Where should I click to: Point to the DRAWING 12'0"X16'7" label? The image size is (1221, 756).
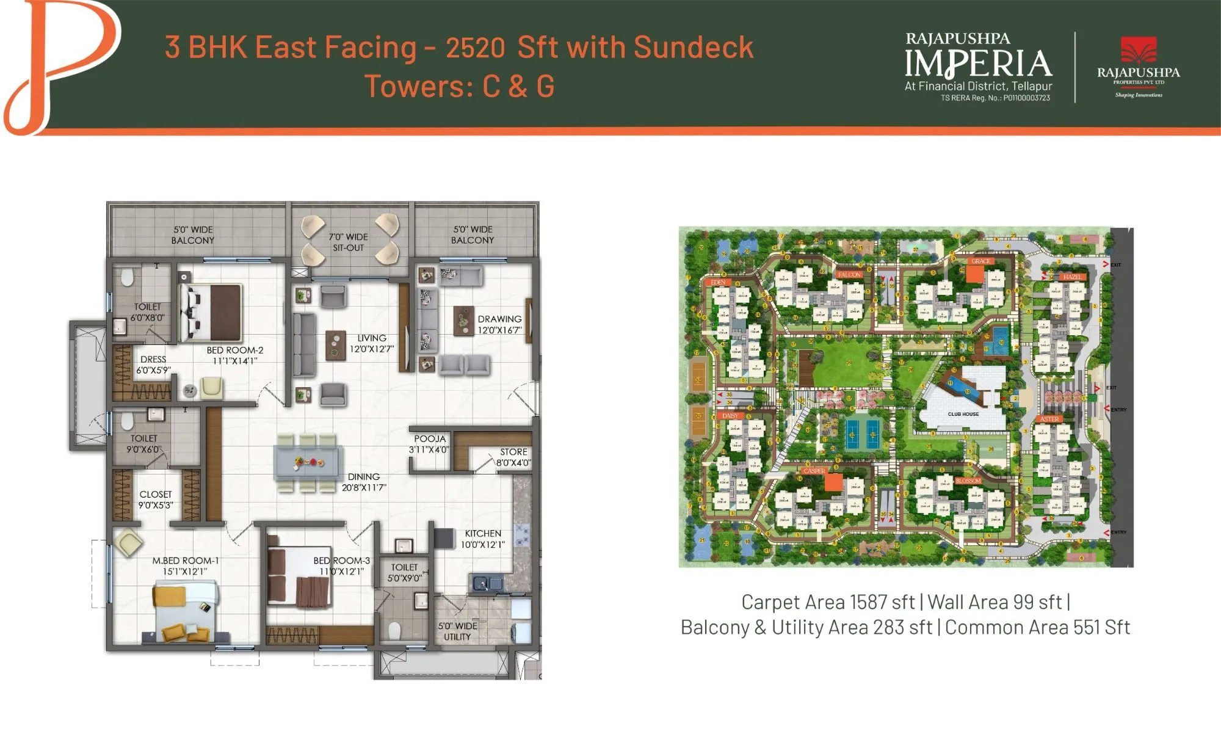tap(499, 324)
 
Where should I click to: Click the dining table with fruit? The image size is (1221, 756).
tap(308, 462)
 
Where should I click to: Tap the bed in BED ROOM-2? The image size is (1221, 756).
tap(214, 312)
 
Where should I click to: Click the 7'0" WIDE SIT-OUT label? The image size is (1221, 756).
tap(348, 242)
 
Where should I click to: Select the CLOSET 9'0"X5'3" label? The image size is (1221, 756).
tap(155, 500)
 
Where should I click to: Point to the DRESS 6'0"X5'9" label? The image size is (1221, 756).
tap(153, 365)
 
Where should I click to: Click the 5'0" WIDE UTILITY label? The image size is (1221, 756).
tap(457, 631)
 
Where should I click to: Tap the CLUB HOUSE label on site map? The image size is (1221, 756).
tap(963, 414)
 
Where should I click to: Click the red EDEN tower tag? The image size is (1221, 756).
tap(718, 283)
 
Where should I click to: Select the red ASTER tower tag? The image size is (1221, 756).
tap(1049, 419)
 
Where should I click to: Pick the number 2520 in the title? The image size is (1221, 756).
tap(475, 48)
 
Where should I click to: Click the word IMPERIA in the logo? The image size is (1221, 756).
tap(978, 64)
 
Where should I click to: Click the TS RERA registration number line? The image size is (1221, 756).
tap(995, 98)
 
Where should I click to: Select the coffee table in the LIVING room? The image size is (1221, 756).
tap(335, 345)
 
